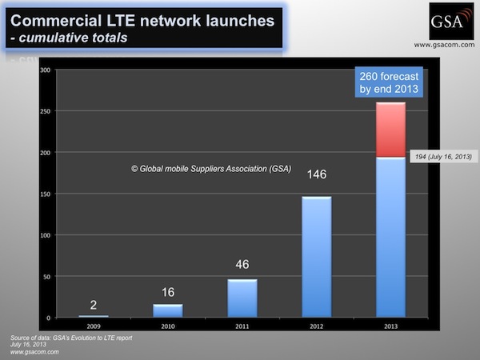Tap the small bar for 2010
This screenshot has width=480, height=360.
tap(168, 310)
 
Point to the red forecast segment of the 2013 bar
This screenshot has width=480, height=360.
tap(391, 130)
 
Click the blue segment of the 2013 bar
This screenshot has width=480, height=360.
tap(391, 236)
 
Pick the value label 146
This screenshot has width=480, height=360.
tap(317, 174)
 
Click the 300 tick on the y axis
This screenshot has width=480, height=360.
tap(45, 70)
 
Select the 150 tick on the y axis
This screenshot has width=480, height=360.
tap(45, 194)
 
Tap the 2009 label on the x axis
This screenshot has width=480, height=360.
tap(94, 326)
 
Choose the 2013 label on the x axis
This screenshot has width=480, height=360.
tap(391, 326)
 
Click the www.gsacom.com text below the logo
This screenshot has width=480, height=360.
tap(445, 45)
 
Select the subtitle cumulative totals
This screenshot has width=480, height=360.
tap(76, 37)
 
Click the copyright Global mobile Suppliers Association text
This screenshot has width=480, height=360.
tap(210, 168)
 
